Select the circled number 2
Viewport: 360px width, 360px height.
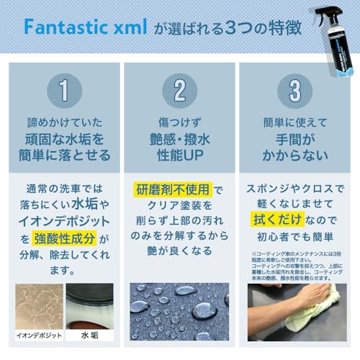179,89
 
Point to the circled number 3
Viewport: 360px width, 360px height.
296,89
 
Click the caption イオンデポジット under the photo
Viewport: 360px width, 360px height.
34,336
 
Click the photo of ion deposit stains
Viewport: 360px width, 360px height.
35,305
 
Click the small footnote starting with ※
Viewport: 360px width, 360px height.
296,262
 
